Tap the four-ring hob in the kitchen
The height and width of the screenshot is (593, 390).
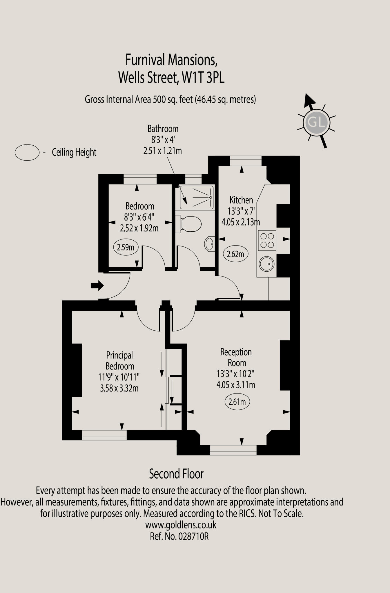click(x=267, y=240)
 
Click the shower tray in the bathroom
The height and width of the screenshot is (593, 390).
click(x=197, y=197)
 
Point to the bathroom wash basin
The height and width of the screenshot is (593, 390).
click(x=210, y=244)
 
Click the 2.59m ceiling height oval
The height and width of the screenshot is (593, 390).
click(x=126, y=248)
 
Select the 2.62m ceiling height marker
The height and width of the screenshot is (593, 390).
click(x=235, y=254)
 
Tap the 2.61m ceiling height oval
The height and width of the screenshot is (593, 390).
click(x=237, y=402)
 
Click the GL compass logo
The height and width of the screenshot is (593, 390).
click(x=316, y=122)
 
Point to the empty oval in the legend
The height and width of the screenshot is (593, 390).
click(x=27, y=152)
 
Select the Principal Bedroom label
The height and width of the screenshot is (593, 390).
click(x=119, y=360)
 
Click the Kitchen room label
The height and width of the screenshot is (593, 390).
click(x=241, y=200)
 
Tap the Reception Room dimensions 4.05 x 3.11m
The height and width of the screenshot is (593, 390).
click(x=236, y=385)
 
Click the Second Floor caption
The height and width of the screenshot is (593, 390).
click(x=176, y=474)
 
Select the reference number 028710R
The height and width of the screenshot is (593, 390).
click(x=193, y=537)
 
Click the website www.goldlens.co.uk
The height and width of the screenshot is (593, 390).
click(x=181, y=525)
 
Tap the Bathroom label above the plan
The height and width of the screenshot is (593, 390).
click(x=163, y=129)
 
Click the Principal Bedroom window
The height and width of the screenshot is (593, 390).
click(x=104, y=435)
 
